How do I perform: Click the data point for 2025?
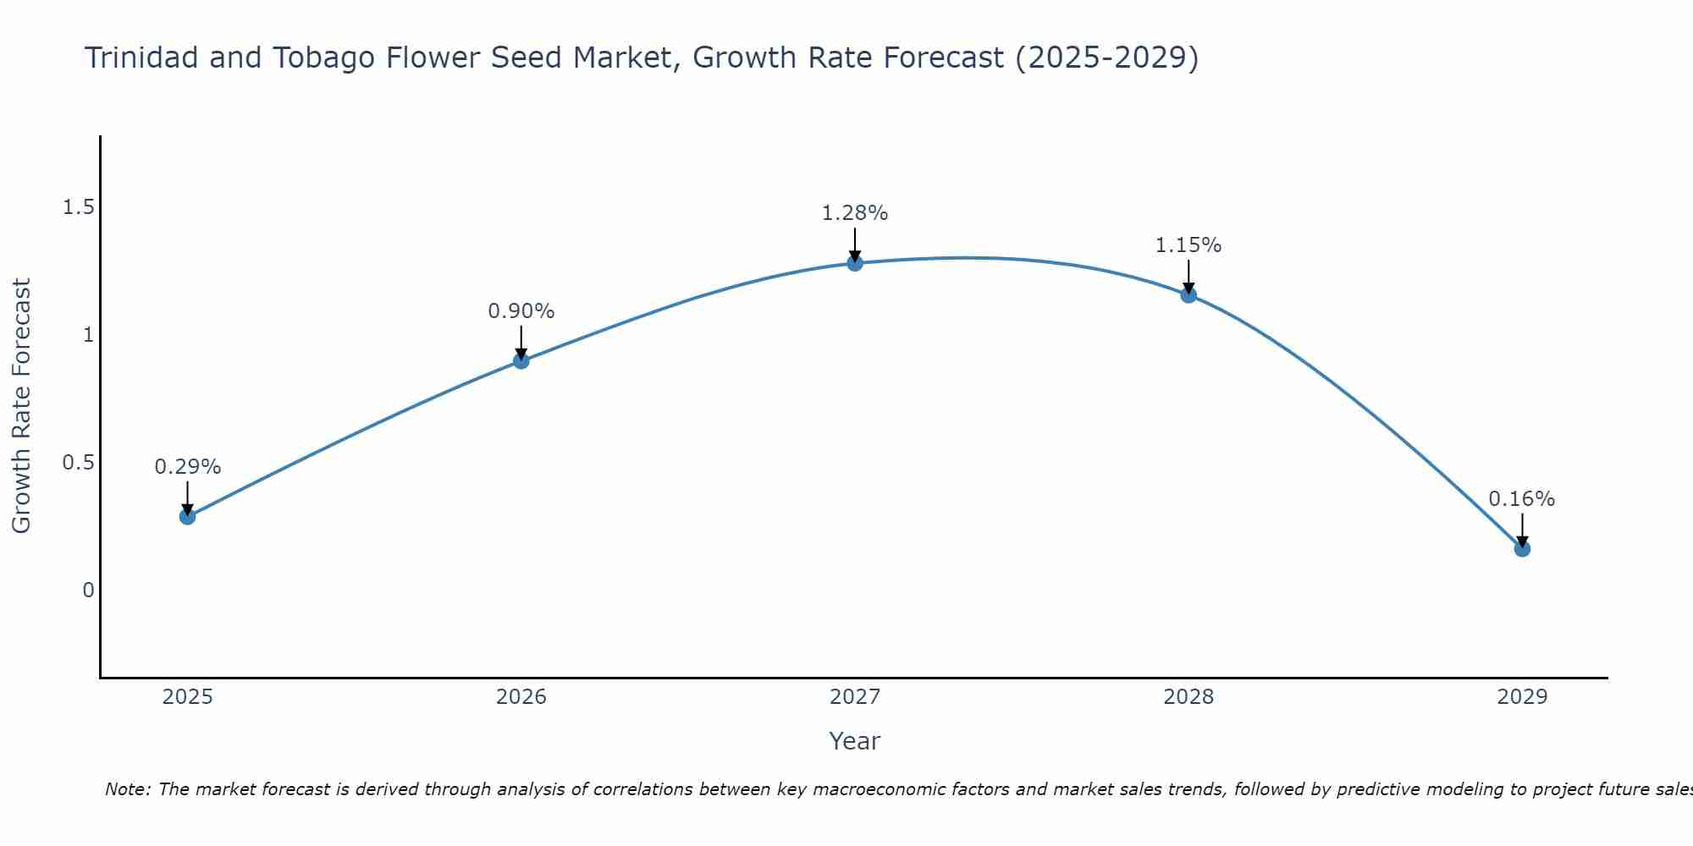pyautogui.click(x=187, y=516)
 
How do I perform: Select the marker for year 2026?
pyautogui.click(x=521, y=360)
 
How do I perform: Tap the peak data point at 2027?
pyautogui.click(x=855, y=263)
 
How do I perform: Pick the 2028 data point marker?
pyautogui.click(x=1188, y=295)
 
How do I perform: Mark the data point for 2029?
pyautogui.click(x=1522, y=548)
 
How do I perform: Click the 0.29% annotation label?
pyautogui.click(x=187, y=467)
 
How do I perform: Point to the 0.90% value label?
pyautogui.click(x=521, y=311)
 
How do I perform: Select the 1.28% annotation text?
pyautogui.click(x=855, y=213)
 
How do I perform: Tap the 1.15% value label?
pyautogui.click(x=1188, y=245)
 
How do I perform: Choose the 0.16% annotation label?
pyautogui.click(x=1522, y=499)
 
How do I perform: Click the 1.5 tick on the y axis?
pyautogui.click(x=78, y=207)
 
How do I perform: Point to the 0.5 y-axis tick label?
pyautogui.click(x=78, y=463)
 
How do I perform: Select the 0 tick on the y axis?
pyautogui.click(x=88, y=591)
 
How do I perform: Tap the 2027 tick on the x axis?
pyautogui.click(x=855, y=697)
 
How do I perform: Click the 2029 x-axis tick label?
pyautogui.click(x=1522, y=697)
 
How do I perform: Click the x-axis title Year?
pyautogui.click(x=855, y=741)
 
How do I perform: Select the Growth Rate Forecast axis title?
pyautogui.click(x=21, y=406)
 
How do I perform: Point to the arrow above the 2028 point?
pyautogui.click(x=1188, y=275)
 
